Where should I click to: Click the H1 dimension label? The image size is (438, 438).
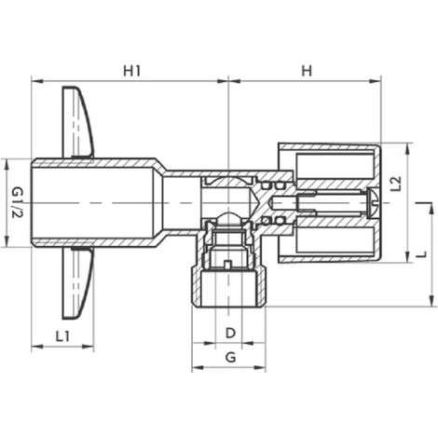tap(132, 71)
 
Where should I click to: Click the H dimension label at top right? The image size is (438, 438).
tap(307, 71)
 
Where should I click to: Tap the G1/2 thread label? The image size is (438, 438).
tap(17, 203)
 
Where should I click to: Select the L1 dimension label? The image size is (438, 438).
tap(62, 335)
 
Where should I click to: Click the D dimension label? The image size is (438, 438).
tap(230, 333)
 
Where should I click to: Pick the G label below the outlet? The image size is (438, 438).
tap(230, 357)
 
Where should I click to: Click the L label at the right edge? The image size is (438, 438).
tap(421, 254)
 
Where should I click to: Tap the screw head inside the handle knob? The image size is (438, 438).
tap(372, 203)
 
